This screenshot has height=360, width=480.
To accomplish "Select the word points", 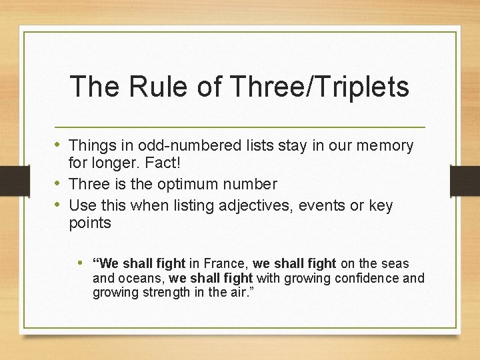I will point(90,223).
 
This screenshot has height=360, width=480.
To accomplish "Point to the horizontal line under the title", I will point(240,127).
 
